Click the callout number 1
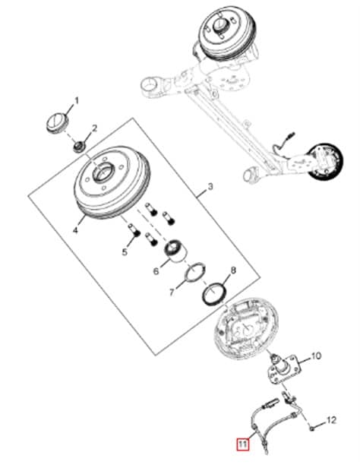point(77,100)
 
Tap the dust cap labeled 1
point(58,122)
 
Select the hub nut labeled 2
point(79,146)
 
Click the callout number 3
point(210,187)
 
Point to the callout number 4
point(75,230)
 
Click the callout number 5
point(125,251)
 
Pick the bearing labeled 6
point(176,249)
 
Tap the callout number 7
point(172,292)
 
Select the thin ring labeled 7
point(194,272)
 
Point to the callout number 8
point(233,270)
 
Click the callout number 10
point(316,356)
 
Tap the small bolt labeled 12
point(311,428)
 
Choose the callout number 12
point(330,420)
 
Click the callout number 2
point(94,128)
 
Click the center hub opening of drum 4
point(103,172)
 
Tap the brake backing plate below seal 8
point(246,327)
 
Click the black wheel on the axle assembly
point(326,162)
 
